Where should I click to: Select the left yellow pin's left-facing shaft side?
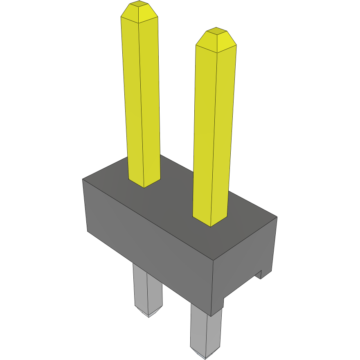[132, 98]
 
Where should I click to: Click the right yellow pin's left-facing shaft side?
[204, 131]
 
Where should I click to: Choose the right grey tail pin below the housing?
[206, 331]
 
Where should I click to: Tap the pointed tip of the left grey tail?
[148, 315]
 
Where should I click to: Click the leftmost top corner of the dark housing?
[83, 179]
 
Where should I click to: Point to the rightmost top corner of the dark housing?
[277, 217]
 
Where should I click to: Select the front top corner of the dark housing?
[213, 261]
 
